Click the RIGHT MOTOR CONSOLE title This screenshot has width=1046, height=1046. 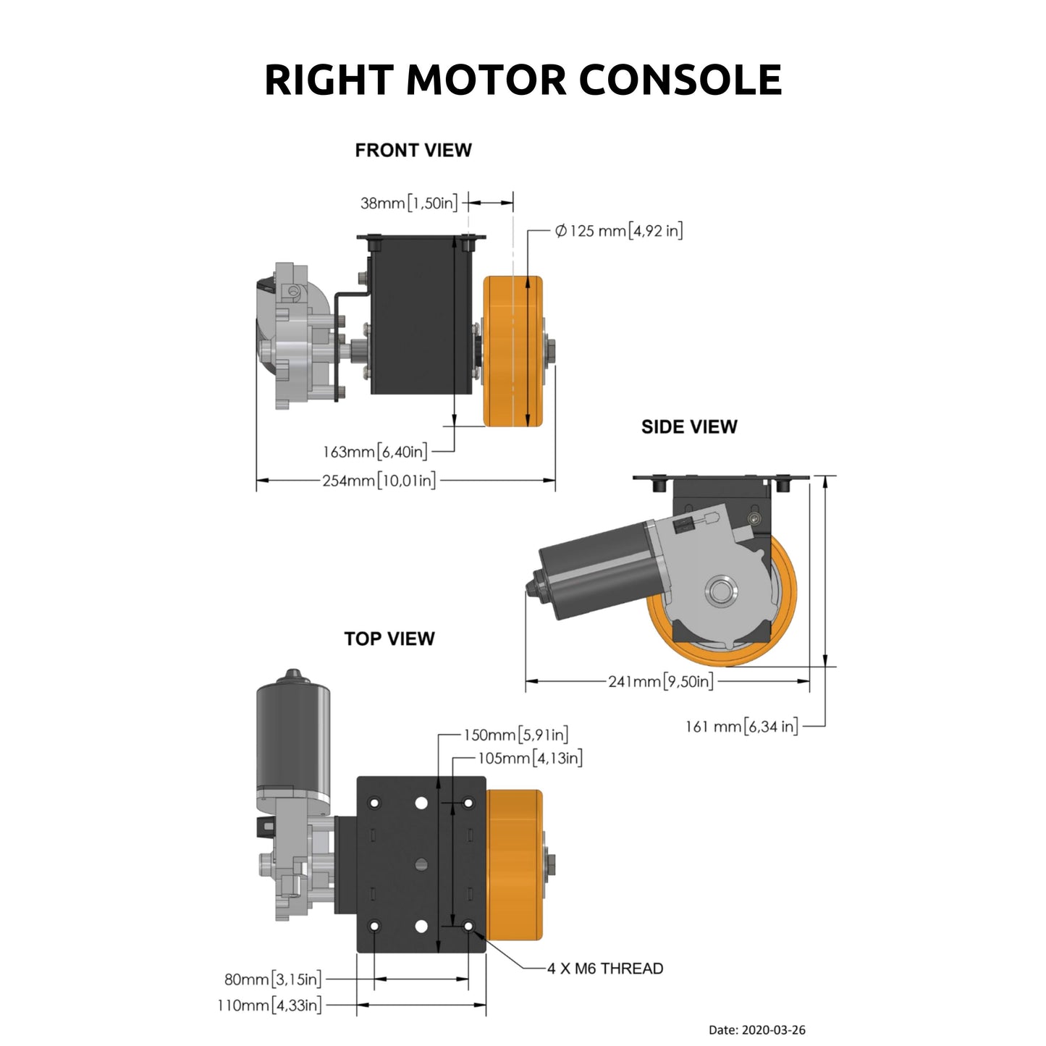point(523,80)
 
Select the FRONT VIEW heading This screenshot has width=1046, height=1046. point(413,150)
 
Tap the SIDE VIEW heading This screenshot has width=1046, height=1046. point(688,426)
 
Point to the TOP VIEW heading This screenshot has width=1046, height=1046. point(389,638)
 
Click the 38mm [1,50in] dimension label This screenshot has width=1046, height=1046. point(409,203)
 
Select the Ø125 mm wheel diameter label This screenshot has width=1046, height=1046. point(618,231)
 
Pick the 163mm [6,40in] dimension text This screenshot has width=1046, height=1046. point(375,452)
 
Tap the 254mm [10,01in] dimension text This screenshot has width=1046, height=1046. point(379,481)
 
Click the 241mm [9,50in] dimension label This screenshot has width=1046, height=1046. point(660,681)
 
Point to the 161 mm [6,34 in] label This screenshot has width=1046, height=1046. point(741,726)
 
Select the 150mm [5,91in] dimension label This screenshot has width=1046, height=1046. point(515,735)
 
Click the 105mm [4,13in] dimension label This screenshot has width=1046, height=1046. point(530,758)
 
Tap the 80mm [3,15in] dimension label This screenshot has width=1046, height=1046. point(273,979)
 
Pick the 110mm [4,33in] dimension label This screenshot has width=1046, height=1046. point(269,1005)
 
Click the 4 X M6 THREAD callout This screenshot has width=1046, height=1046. point(604,968)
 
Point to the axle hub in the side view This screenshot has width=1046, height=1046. point(721,591)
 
